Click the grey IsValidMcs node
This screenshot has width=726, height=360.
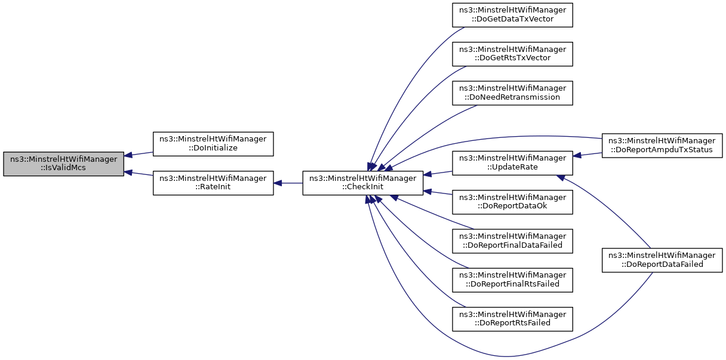tap(63, 164)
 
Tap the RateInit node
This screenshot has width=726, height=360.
tap(213, 183)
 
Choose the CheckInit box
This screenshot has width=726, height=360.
tap(363, 183)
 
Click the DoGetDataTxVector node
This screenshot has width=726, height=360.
tap(512, 15)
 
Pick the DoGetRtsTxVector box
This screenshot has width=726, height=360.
tap(512, 54)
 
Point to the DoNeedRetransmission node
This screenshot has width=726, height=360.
tap(512, 93)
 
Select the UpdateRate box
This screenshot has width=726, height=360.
tap(512, 163)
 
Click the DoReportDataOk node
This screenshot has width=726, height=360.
tap(512, 202)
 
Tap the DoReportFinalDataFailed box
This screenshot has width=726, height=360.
tap(512, 241)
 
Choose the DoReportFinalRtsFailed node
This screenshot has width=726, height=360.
tap(512, 279)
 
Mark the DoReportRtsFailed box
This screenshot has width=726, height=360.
tap(512, 318)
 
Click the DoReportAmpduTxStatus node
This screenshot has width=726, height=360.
tap(662, 144)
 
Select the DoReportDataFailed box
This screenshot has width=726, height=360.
tap(662, 260)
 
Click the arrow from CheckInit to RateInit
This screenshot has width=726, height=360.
tap(288, 183)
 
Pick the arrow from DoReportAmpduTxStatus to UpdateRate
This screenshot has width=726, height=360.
tap(587, 154)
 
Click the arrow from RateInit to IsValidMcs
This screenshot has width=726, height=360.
tap(139, 173)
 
